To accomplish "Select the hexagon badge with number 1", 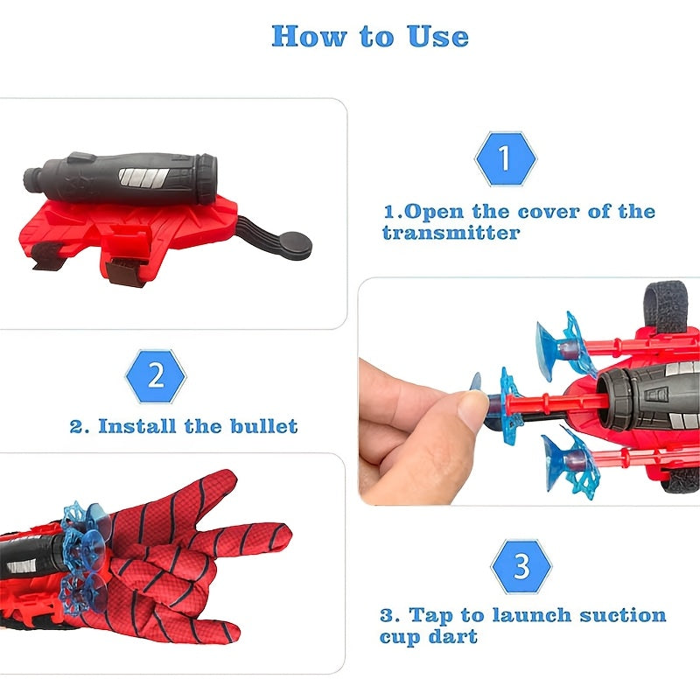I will pos(504,159).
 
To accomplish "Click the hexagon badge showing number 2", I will pos(156,376).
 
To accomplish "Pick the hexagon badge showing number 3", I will pos(521,566).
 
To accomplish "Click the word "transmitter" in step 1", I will pos(451,234).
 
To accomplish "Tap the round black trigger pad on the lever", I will pos(295,242).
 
